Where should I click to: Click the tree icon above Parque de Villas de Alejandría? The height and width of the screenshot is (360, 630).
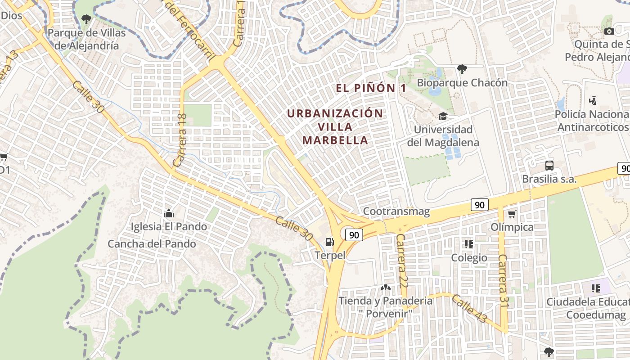(x=86, y=19)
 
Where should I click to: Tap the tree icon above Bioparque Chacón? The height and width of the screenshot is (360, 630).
(x=462, y=69)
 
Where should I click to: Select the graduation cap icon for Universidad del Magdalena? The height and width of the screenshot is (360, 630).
(x=443, y=116)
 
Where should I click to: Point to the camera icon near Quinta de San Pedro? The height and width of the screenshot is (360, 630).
(x=609, y=31)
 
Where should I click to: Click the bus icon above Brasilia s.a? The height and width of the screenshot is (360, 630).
(x=549, y=165)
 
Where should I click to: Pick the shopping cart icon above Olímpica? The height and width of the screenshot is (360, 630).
(x=512, y=214)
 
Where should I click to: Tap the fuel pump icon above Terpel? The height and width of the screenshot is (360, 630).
(x=330, y=242)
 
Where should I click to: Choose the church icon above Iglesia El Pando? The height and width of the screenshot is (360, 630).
(x=169, y=213)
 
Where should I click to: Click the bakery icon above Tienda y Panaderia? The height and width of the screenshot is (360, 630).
(x=385, y=287)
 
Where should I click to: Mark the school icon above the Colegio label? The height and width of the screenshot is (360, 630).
(x=469, y=244)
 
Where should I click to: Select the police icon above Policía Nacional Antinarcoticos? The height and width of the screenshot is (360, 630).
(x=593, y=100)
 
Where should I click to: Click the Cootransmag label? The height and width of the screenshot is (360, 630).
(x=396, y=211)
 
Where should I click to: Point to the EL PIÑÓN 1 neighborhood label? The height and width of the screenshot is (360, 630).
(x=371, y=88)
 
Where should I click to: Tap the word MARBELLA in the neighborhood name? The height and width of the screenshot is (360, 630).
(x=335, y=140)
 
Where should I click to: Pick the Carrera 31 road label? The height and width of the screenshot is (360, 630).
(x=504, y=281)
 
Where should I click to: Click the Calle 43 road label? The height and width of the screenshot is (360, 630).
(x=469, y=309)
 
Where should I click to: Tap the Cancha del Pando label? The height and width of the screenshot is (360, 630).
(x=152, y=244)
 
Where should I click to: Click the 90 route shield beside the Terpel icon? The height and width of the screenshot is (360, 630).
(x=354, y=234)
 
